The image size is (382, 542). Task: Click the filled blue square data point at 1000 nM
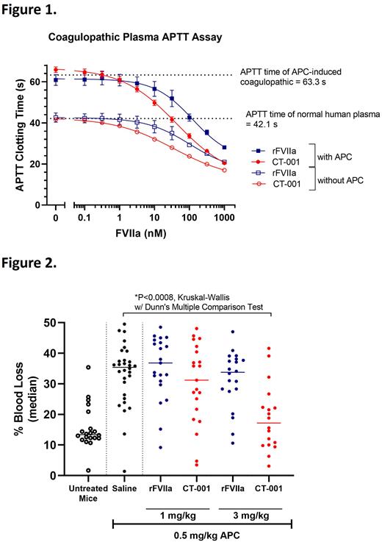(224, 147)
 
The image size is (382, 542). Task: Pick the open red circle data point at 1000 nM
(224, 170)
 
